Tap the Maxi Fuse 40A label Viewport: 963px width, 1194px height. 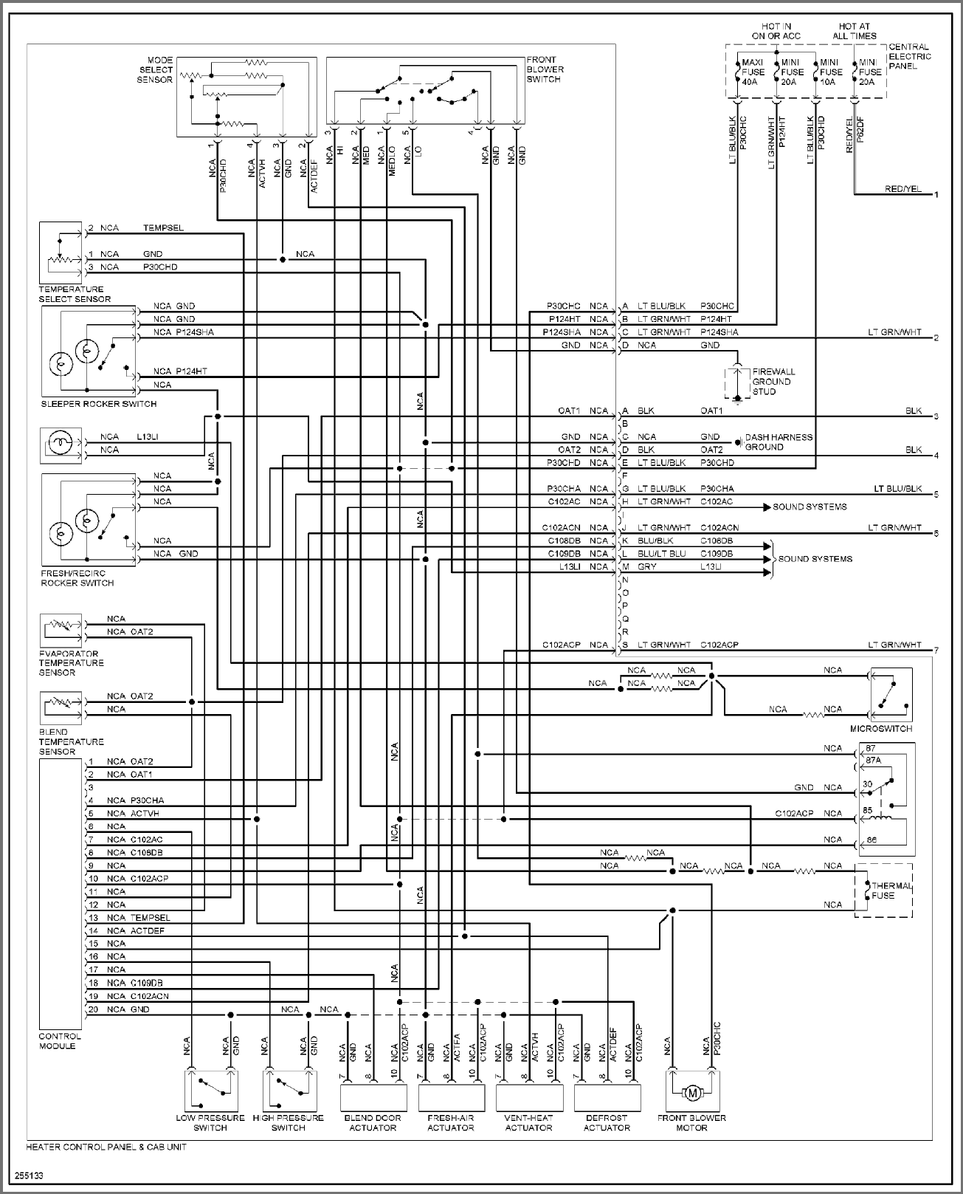[753, 72]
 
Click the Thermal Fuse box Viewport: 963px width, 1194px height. [883, 891]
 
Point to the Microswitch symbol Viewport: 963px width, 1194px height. [891, 695]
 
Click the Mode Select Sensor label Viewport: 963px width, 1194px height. [154, 69]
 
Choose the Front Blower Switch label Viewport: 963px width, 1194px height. [545, 69]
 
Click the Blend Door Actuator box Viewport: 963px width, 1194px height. [373, 1098]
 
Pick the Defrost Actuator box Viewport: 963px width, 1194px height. [607, 1098]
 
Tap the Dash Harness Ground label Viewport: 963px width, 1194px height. [778, 442]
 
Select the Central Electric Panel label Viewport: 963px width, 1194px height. [909, 56]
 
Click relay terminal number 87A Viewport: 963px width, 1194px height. [874, 760]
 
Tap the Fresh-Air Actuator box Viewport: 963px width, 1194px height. [450, 1098]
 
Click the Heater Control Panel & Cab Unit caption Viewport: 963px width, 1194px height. [106, 1147]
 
